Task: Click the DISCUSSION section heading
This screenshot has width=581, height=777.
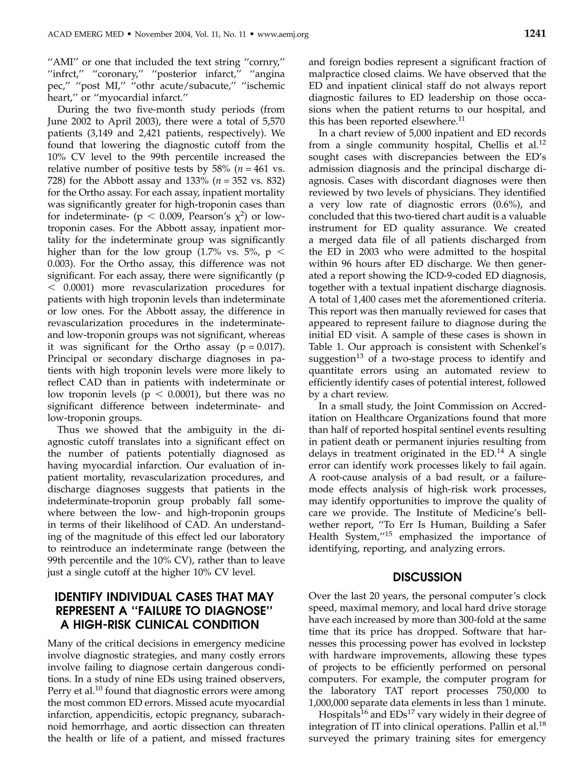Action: tap(427, 577)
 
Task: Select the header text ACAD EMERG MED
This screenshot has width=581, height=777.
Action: tap(85, 34)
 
